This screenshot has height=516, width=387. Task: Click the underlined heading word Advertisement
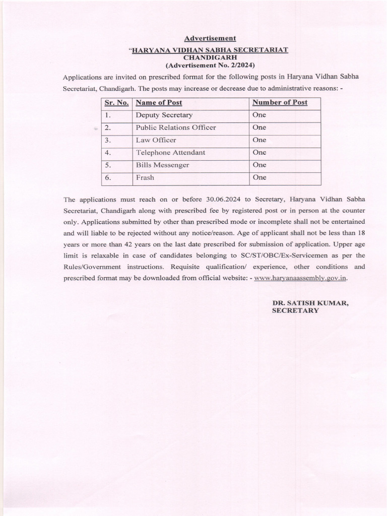pos(210,38)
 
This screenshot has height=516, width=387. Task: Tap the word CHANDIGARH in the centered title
pos(210,57)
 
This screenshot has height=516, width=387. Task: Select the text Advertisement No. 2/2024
pos(210,66)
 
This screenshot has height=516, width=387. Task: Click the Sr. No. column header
pos(116,103)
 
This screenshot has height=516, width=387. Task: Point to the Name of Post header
pos(159,103)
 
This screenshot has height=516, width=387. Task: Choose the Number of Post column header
pos(280,103)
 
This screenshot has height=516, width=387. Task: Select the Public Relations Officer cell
pos(175,127)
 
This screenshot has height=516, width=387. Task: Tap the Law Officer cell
pos(156,140)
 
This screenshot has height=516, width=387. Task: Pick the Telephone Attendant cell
pos(170,153)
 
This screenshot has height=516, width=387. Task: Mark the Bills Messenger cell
pos(162,165)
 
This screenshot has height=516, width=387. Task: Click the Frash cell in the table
pos(145,178)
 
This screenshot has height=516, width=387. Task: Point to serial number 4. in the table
pos(108,153)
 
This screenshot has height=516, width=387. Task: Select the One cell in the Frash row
pos(259,178)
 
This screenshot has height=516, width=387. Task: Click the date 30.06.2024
pos(224,199)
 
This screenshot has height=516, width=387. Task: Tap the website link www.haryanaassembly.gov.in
pos(301,278)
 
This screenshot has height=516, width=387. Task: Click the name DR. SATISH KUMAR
pos(310,303)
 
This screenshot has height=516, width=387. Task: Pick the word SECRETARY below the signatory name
pos(295,311)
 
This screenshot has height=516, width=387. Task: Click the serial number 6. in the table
pos(108,178)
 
